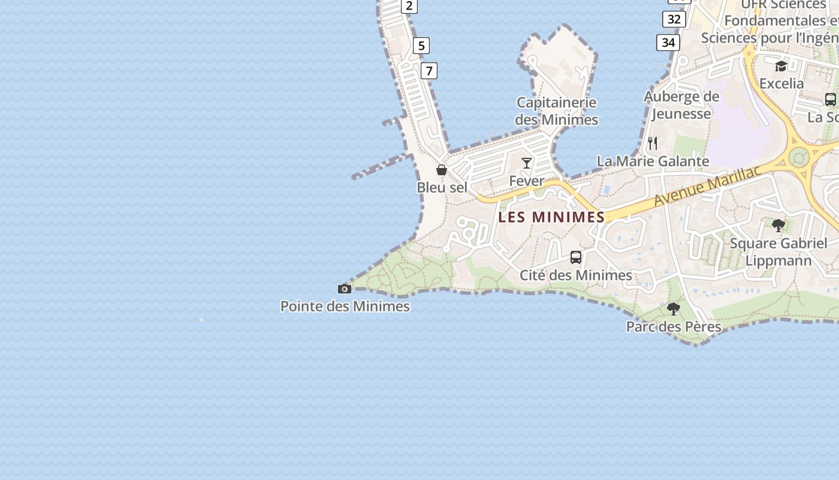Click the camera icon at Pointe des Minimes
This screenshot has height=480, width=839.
[x=345, y=289]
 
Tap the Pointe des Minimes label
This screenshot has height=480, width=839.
[x=345, y=307]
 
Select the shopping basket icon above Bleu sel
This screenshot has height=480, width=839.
[x=442, y=170]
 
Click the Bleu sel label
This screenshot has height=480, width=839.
[x=442, y=187]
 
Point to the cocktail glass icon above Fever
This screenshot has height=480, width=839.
[x=527, y=163]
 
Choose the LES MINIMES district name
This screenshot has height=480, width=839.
[x=551, y=217]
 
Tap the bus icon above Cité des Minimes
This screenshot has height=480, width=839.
[x=576, y=257]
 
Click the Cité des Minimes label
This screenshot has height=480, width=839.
[x=576, y=275]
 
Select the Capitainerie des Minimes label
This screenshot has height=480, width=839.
[x=557, y=111]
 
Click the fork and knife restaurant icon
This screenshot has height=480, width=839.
[x=653, y=143]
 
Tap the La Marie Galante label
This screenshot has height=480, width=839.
[x=653, y=161]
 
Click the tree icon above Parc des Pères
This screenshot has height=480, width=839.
[x=674, y=309]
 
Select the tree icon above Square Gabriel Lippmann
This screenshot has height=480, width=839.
[x=778, y=226]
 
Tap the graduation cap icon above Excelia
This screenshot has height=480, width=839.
[x=781, y=66]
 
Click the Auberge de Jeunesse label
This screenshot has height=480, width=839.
[x=681, y=105]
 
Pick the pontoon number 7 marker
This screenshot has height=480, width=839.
[x=428, y=71]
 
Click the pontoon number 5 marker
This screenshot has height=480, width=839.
[x=421, y=46]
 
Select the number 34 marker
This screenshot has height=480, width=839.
[x=668, y=43]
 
